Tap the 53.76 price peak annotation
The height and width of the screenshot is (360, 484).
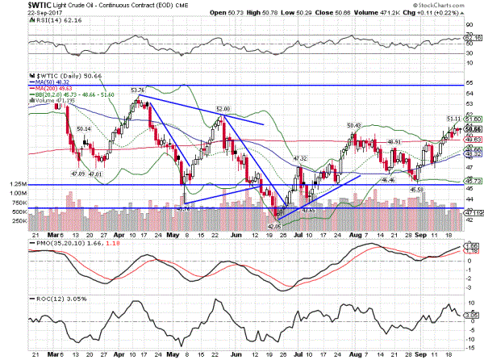[136, 90]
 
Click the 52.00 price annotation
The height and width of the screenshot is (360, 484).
[224, 107]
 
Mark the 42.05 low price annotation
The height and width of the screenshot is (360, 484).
[273, 228]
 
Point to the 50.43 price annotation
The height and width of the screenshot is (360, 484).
[353, 125]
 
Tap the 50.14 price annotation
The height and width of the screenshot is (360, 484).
[83, 129]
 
